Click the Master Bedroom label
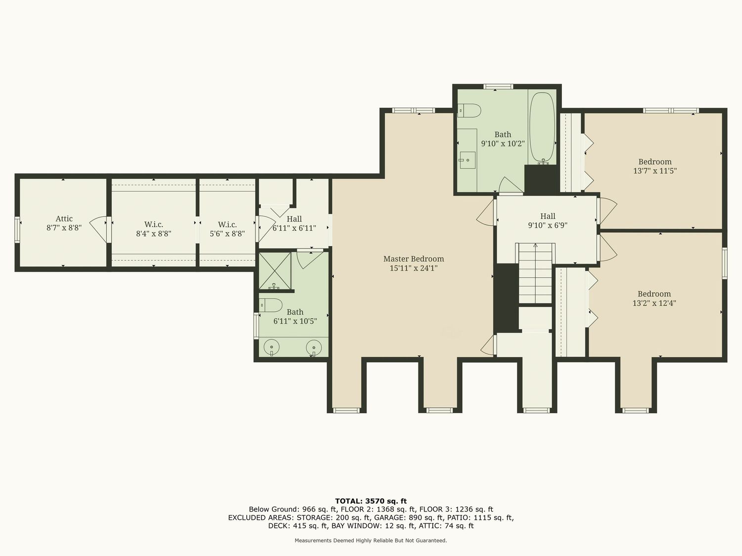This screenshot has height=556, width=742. click(x=414, y=259)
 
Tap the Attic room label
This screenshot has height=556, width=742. click(x=64, y=219)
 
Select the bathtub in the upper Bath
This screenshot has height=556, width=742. click(x=542, y=128)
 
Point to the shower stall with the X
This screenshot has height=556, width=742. click(x=275, y=271)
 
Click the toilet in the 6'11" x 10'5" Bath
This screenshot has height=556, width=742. click(x=271, y=305)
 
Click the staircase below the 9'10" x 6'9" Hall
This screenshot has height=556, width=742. click(x=535, y=273)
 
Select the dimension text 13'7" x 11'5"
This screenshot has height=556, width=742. click(x=655, y=171)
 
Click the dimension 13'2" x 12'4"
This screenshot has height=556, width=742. click(x=654, y=303)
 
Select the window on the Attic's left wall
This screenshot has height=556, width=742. click(x=17, y=229)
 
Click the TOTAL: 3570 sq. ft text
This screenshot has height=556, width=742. click(x=371, y=501)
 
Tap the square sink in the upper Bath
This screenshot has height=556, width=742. click(x=467, y=160)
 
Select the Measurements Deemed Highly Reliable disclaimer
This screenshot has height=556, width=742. click(x=371, y=541)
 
